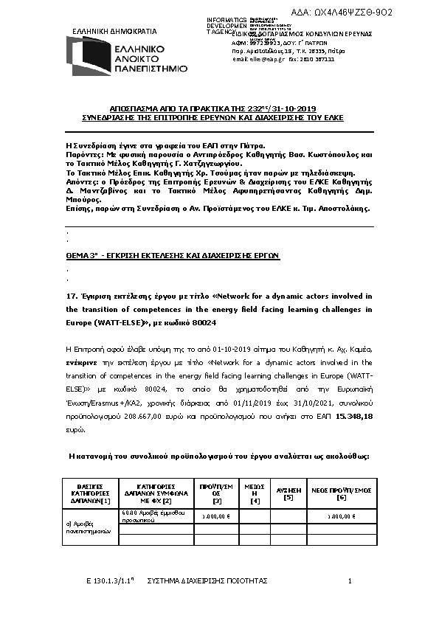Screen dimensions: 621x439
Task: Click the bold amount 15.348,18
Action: tap(355, 417)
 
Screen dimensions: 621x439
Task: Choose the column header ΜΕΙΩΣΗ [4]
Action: tap(255, 493)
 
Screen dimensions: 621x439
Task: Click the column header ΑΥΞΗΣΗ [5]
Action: tap(288, 493)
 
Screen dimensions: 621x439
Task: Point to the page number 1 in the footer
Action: tap(350, 582)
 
